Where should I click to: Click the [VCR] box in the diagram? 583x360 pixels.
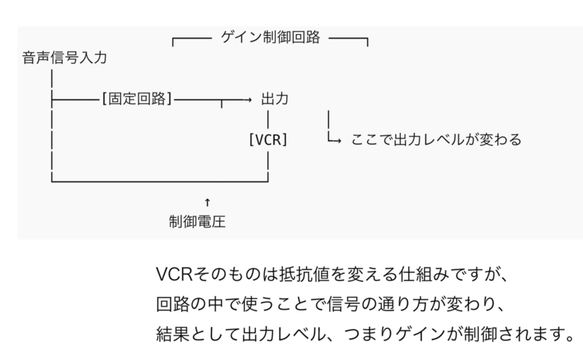coord(268,139)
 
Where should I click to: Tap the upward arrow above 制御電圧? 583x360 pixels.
coord(208,200)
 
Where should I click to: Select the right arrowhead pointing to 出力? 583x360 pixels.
coord(249,98)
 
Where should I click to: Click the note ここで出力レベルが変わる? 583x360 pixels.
coord(437,139)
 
